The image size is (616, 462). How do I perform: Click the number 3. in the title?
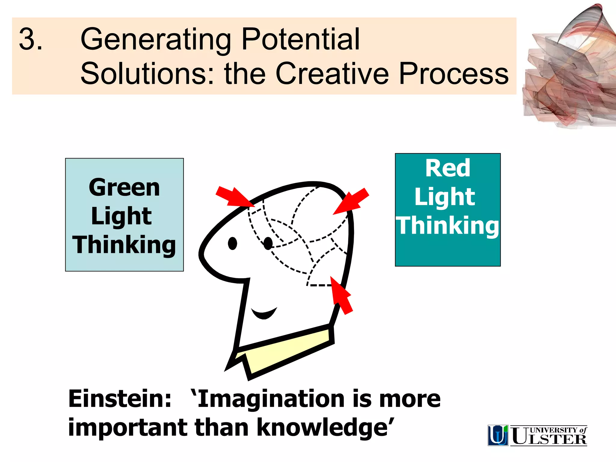click(31, 39)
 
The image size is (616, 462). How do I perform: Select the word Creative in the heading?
click(332, 74)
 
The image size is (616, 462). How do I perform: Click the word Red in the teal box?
click(448, 168)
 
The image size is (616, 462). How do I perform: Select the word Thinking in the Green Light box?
click(124, 245)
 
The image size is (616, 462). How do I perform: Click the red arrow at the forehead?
click(235, 197)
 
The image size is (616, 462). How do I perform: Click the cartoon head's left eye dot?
click(233, 243)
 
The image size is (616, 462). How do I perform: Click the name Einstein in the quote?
click(120, 399)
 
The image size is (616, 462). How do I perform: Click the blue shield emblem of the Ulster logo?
click(498, 435)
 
